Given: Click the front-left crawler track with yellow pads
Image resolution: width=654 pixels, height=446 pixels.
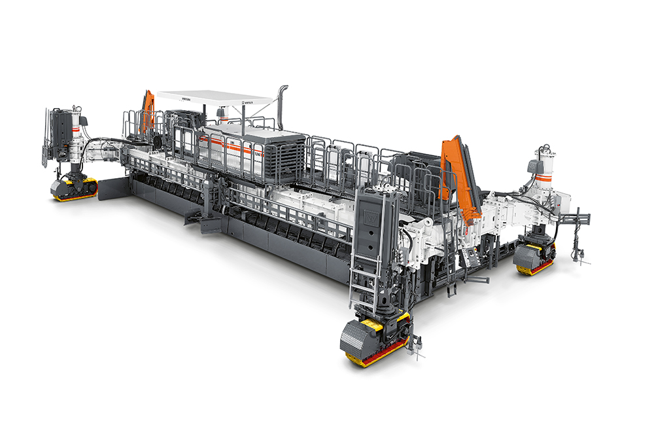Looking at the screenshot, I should pos(74,189).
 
